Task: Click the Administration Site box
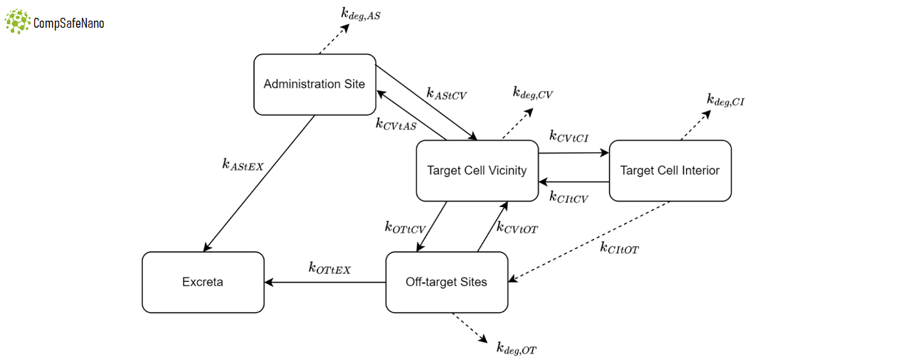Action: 315,84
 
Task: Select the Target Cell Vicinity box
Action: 477,170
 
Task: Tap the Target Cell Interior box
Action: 670,170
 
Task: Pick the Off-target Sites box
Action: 446,282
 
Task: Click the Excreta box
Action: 203,282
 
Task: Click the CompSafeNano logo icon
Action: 18,22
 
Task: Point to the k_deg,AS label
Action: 360,14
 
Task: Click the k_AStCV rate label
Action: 446,93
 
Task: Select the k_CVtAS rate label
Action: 396,123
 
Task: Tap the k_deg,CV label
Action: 533,93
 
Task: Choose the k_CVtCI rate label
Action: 569,135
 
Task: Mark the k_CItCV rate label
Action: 569,197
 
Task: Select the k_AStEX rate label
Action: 243,164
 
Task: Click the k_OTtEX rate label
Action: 329,268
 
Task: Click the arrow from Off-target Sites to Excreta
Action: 324,282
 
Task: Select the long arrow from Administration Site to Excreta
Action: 260,183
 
